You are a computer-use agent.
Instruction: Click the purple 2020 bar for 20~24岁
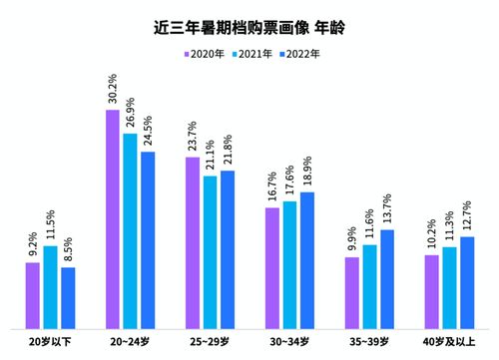(113, 218)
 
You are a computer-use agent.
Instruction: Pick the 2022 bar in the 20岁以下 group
(68, 297)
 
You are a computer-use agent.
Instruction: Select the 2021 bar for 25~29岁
(210, 251)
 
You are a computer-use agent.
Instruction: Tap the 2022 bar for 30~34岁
(307, 259)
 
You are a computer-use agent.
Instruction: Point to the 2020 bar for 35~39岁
(352, 292)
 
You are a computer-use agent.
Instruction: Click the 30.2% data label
(113, 89)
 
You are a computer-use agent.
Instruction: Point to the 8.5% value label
(68, 246)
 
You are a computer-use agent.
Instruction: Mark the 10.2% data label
(432, 234)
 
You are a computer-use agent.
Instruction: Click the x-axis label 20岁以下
(50, 342)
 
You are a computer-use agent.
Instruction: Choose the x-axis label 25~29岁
(210, 342)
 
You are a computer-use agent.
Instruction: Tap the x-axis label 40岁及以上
(449, 342)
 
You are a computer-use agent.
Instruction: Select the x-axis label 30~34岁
(289, 342)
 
